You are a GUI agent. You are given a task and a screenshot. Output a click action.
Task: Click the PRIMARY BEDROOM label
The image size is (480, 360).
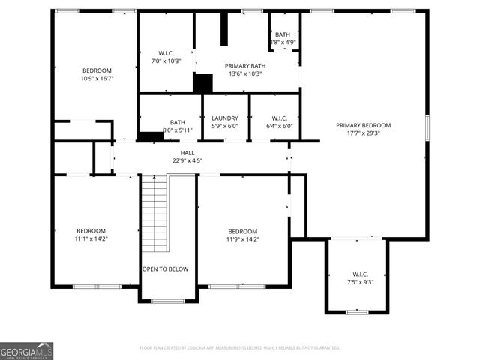click(x=364, y=125)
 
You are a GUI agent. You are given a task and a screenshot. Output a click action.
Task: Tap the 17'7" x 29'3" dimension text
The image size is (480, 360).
click(x=364, y=133)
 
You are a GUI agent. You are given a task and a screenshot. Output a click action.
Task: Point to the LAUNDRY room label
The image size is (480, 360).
click(x=225, y=118)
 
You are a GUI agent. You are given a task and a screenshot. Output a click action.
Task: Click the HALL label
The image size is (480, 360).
click(x=187, y=152)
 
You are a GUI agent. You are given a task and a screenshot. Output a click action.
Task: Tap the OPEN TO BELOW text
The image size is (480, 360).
click(x=165, y=268)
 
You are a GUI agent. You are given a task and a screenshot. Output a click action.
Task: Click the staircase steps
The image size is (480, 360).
click(x=153, y=214)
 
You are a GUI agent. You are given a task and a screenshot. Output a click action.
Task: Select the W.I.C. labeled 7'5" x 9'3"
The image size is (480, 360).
click(x=357, y=274)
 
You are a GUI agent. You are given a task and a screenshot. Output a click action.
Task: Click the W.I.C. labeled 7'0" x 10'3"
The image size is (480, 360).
click(x=166, y=52)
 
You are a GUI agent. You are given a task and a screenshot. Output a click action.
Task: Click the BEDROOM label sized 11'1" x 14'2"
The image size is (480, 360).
click(x=91, y=230)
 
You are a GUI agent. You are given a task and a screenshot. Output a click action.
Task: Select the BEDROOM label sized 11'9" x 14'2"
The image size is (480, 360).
click(x=243, y=231)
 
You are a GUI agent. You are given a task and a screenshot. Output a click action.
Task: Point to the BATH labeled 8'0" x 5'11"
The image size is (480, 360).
click(x=177, y=122)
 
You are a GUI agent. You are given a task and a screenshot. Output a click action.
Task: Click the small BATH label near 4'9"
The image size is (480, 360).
click(x=282, y=34)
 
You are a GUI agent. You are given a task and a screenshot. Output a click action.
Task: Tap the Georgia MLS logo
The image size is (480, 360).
click(x=27, y=350)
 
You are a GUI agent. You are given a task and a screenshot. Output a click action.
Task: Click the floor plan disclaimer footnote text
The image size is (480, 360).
click(x=240, y=348)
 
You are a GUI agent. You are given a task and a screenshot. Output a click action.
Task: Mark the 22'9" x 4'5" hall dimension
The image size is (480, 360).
click(x=187, y=160)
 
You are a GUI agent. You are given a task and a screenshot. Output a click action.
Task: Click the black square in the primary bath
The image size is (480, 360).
click(x=202, y=82)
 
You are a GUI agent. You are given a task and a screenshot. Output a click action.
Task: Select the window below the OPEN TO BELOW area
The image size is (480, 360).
click(x=169, y=301)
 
